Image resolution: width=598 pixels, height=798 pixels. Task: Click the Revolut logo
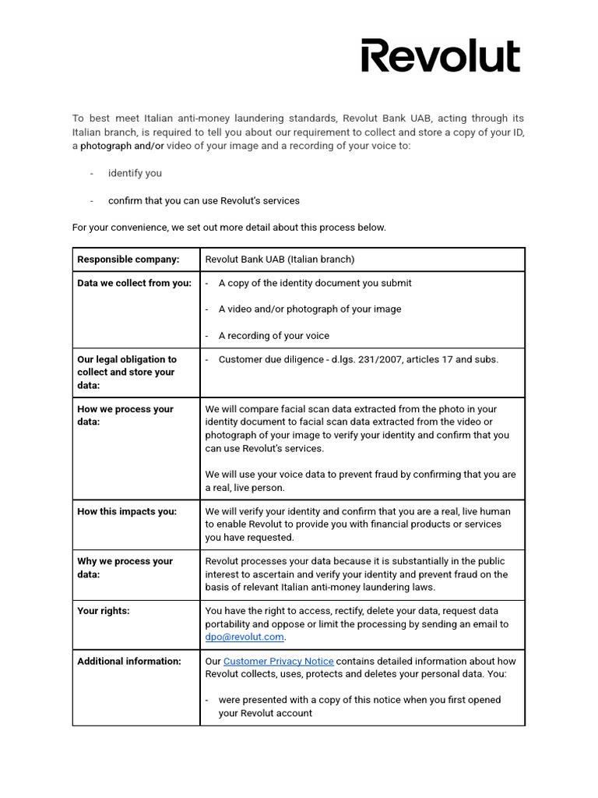(440, 56)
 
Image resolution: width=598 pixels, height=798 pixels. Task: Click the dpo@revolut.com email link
(244, 637)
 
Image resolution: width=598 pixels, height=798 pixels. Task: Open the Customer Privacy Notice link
(278, 661)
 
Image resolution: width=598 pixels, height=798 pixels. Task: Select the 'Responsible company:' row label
(128, 259)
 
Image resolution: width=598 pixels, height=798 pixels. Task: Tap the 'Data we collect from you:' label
(134, 283)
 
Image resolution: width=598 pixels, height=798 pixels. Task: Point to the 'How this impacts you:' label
(127, 511)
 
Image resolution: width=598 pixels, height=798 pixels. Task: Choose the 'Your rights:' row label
(104, 611)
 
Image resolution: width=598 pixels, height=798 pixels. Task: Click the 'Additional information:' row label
(129, 661)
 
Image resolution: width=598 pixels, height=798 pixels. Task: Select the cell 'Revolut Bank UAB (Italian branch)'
(280, 259)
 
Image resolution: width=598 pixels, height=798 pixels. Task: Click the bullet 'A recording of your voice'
(273, 336)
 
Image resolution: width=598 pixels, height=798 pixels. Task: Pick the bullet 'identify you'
(135, 173)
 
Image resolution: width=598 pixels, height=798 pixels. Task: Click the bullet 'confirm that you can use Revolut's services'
(203, 200)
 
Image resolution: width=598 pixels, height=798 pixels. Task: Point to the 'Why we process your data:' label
(125, 567)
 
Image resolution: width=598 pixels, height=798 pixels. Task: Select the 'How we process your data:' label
(125, 415)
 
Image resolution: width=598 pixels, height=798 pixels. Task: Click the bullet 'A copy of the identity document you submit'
(315, 283)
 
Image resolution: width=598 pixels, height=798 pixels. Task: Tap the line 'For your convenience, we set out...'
(229, 228)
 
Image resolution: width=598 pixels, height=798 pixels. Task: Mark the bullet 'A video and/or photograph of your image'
(310, 309)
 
